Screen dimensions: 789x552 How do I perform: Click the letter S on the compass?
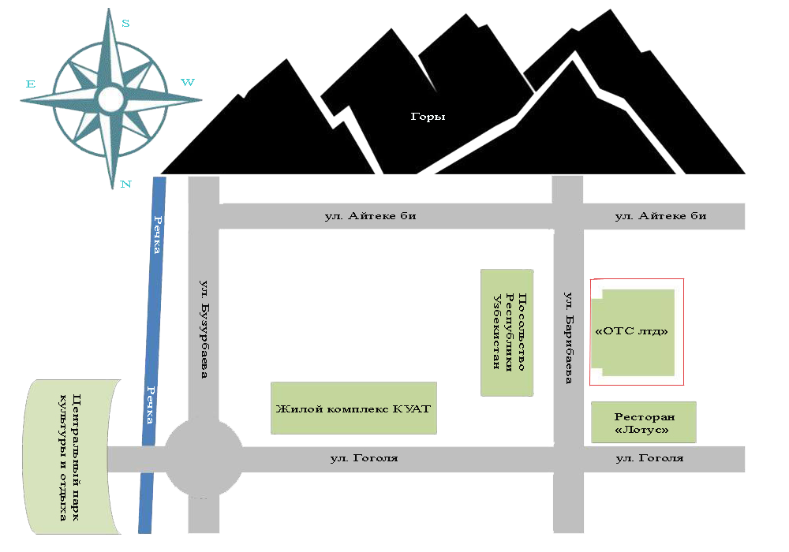[125, 23]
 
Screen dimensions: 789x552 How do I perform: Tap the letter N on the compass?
[125, 184]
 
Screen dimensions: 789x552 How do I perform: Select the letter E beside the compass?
[31, 84]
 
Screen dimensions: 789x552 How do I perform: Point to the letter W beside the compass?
[188, 82]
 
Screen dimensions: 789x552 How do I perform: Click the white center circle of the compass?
[110, 99]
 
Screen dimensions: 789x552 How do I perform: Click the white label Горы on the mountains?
[428, 117]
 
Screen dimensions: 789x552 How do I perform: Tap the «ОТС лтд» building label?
[631, 331]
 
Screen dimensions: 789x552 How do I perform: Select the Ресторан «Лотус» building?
[644, 423]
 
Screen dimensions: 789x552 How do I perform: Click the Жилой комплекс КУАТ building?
[353, 408]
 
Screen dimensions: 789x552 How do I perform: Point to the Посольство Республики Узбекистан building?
[507, 332]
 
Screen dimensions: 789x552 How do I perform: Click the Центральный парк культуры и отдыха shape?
[72, 457]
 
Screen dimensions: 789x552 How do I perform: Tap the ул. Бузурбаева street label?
[204, 330]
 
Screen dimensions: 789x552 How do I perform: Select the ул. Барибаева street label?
[569, 338]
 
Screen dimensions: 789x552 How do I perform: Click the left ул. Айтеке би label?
[370, 216]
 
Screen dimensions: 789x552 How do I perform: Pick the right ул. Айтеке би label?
[660, 216]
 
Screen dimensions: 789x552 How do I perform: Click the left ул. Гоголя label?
[365, 458]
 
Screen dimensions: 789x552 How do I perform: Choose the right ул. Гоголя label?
[649, 458]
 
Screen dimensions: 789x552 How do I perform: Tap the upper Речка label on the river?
[158, 235]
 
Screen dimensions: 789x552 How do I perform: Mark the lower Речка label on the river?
[151, 405]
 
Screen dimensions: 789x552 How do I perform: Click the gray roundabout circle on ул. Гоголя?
[204, 458]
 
